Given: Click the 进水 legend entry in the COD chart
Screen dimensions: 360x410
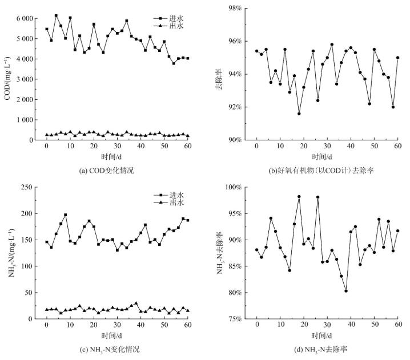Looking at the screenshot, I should [172, 18].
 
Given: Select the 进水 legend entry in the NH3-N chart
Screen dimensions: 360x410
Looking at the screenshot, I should [172, 195].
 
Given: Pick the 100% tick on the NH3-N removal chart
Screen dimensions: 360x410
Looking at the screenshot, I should [237, 187].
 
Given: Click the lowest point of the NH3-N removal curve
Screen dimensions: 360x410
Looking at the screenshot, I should [346, 291].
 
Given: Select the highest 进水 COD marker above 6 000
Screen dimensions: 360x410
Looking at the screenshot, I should [56, 15].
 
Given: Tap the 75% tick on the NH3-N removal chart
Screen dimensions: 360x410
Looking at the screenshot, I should [239, 319].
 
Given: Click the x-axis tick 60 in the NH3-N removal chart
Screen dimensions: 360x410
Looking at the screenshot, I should [397, 325].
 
